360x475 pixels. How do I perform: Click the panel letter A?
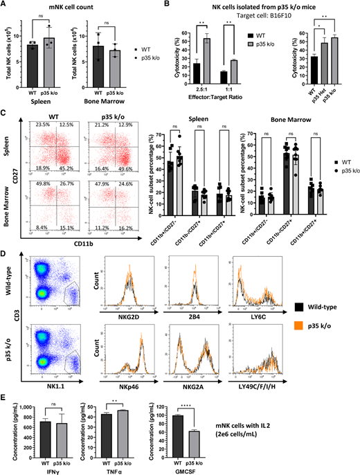5,6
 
